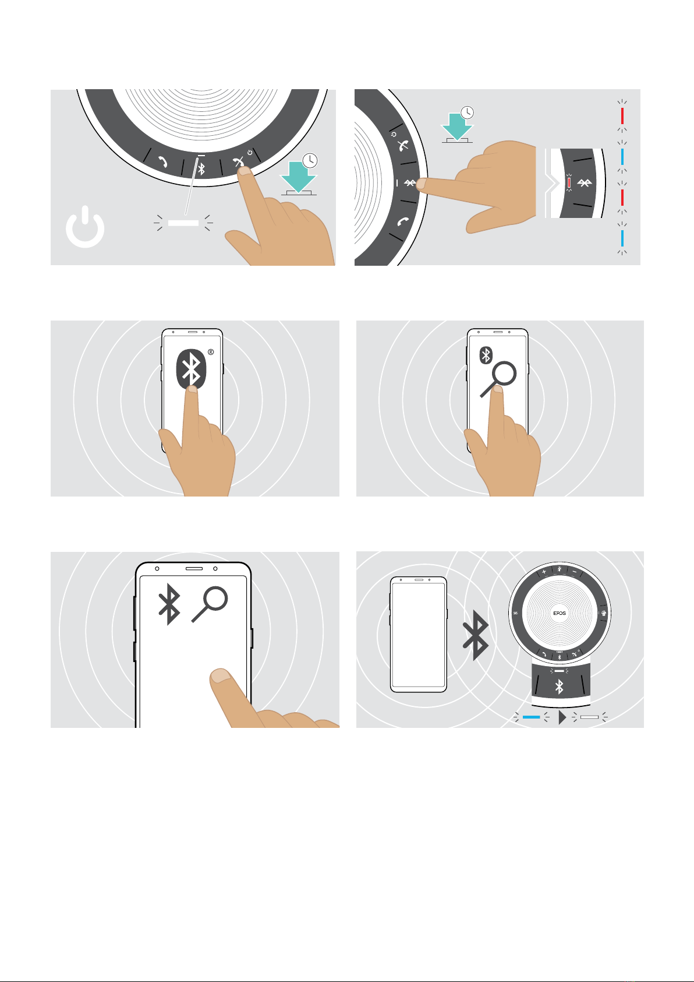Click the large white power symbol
85,227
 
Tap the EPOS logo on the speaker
559,613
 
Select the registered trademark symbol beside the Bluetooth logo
211,352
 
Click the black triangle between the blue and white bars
562,717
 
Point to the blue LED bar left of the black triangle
531,717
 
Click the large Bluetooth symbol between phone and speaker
476,635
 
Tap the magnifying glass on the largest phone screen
210,604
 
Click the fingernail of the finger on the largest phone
221,675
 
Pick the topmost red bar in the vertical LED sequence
622,116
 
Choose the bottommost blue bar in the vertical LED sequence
622,238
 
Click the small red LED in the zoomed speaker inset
569,182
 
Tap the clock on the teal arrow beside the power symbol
310,160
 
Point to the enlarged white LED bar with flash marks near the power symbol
183,223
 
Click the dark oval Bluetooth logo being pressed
192,369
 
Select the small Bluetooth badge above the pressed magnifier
486,355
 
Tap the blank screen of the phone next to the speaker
418,635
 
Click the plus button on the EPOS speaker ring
544,572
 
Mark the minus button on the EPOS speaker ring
575,572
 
